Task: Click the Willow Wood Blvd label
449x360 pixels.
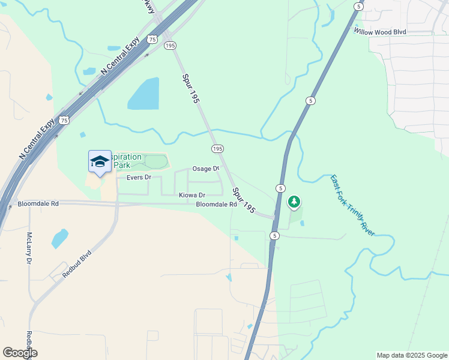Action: tap(380, 31)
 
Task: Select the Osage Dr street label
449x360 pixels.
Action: tap(205, 169)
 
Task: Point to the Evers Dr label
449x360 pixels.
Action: tap(139, 178)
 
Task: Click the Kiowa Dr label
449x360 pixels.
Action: tap(192, 196)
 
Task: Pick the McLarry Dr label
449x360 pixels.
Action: tap(29, 248)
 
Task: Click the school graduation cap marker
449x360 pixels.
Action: tap(100, 161)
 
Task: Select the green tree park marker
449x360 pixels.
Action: tap(294, 202)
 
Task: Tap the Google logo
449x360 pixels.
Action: tap(20, 353)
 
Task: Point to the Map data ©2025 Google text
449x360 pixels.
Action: tap(411, 355)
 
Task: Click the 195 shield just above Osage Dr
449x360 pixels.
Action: tap(217, 148)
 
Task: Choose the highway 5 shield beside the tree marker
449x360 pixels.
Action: tap(280, 188)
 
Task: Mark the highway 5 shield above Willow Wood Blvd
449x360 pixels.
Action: tap(358, 6)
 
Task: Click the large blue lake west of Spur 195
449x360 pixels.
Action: tap(144, 94)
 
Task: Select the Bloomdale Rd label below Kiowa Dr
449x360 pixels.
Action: tap(216, 205)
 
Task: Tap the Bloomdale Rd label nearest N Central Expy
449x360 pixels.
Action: tap(38, 204)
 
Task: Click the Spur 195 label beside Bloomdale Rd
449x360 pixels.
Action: tap(245, 201)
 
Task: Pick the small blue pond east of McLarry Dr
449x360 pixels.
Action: tap(59, 238)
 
